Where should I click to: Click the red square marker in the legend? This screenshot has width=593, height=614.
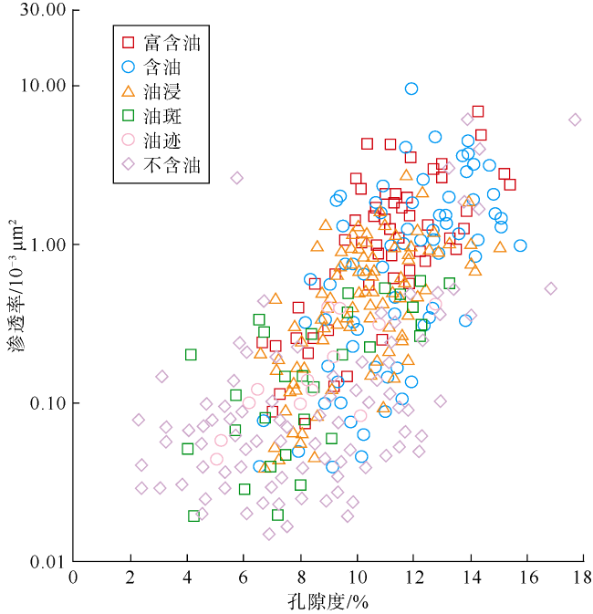tap(129, 42)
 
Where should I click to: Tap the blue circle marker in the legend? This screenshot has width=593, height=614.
tap(129, 67)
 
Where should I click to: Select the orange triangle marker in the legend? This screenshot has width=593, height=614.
tap(129, 91)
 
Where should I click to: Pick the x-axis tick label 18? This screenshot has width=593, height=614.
tap(584, 577)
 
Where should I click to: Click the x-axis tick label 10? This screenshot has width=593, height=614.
tap(357, 577)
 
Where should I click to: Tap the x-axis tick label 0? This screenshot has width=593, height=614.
tap(74, 577)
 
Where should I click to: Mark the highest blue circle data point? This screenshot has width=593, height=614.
tap(411, 88)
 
